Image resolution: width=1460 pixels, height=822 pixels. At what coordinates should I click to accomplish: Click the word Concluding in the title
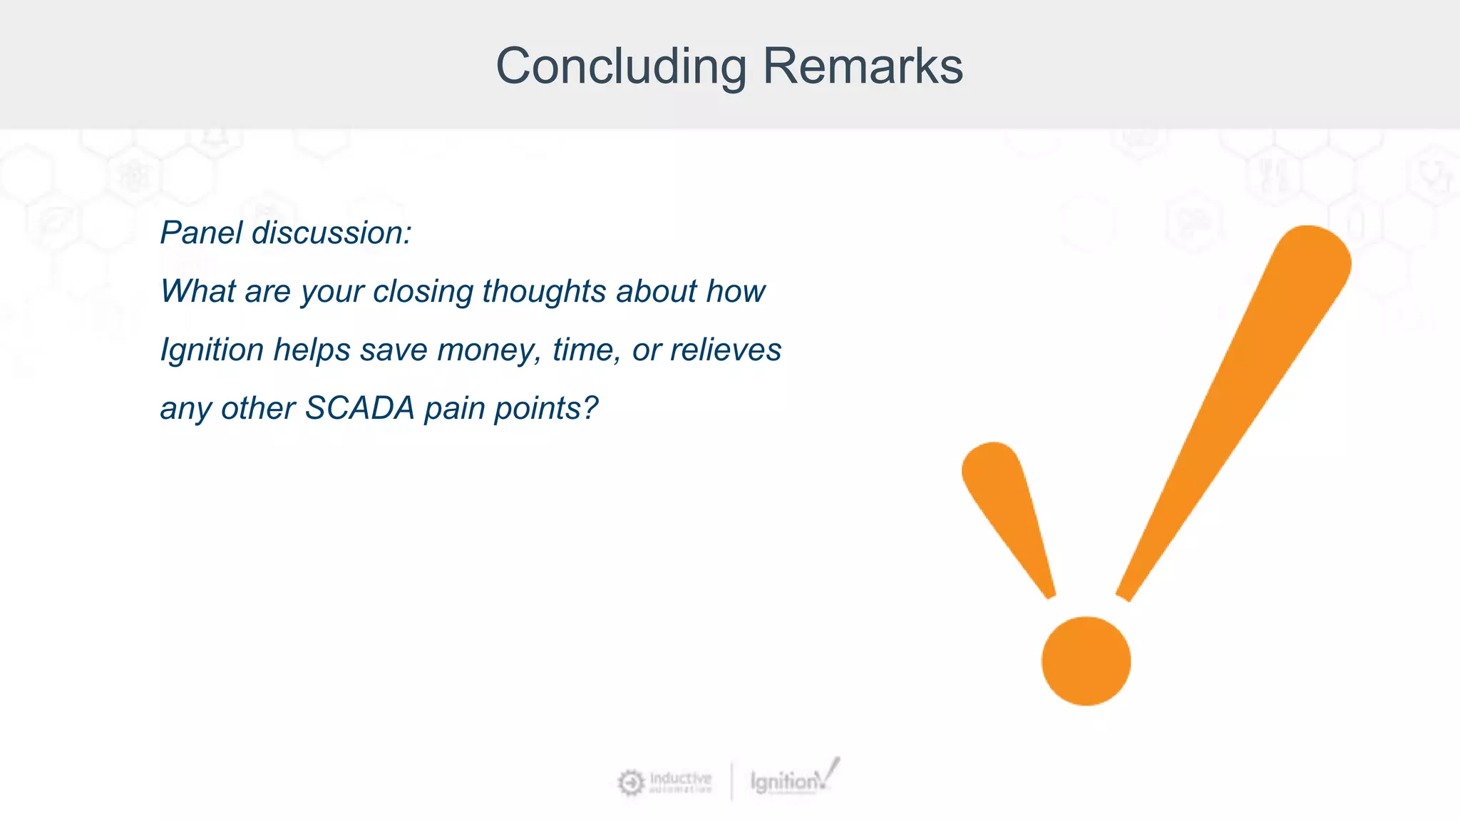pyautogui.click(x=621, y=66)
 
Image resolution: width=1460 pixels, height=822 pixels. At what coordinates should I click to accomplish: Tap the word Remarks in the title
pyautogui.click(x=863, y=66)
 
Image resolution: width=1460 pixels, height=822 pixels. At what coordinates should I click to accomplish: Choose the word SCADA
pyautogui.click(x=359, y=408)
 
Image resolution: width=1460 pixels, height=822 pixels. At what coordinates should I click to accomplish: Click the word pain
pyautogui.click(x=454, y=408)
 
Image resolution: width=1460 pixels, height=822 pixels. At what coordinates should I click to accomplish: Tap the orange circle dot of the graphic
pyautogui.click(x=1086, y=661)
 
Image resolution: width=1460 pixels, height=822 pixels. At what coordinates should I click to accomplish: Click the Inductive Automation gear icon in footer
pyautogui.click(x=631, y=783)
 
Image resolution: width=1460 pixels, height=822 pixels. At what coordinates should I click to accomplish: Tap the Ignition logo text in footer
pyautogui.click(x=784, y=782)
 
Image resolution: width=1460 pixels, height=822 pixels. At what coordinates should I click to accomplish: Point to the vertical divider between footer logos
pyautogui.click(x=731, y=781)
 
